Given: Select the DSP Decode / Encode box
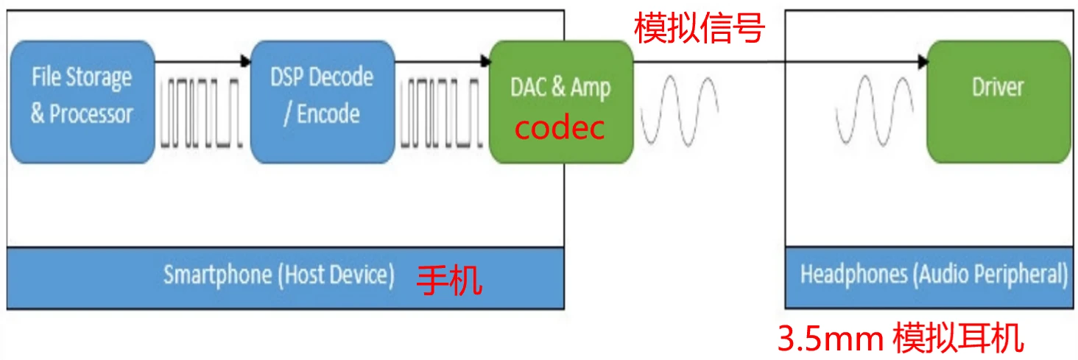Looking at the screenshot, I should [x=322, y=102].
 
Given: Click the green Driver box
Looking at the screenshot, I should [x=998, y=102].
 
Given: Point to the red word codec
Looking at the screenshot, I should [x=560, y=127].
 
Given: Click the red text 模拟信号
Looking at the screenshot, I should [x=700, y=29].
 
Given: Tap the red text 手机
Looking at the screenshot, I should [x=449, y=280].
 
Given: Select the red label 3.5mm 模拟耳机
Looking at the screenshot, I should [x=901, y=339].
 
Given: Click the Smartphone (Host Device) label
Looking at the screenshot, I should [x=279, y=275].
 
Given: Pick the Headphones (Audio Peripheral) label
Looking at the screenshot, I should [x=934, y=275].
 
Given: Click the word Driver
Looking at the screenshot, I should [x=998, y=87].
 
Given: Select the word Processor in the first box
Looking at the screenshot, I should [x=91, y=114].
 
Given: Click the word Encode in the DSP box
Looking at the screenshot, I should [x=328, y=114].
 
